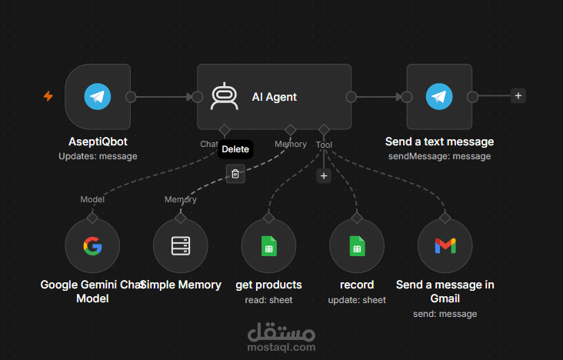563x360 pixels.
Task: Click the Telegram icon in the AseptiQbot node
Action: coord(98,97)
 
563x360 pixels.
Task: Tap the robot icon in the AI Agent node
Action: coord(225,96)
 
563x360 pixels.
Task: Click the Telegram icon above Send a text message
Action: coord(439,97)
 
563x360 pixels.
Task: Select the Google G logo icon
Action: coord(92,246)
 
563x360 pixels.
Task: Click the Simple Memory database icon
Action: coord(181,246)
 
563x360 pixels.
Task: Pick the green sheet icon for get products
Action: coord(269,246)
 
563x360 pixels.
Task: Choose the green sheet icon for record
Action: coord(357,246)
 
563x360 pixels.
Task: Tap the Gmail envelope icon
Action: coord(445,246)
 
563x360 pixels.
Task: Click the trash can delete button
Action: coord(235,174)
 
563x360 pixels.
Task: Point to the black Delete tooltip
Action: coord(235,149)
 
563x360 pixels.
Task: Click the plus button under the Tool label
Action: coord(324,176)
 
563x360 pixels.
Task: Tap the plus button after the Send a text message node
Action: coord(518,96)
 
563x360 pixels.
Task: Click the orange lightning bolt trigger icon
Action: coord(48,96)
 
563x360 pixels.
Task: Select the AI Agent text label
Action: coord(275,97)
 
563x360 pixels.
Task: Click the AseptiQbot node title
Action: coord(98,142)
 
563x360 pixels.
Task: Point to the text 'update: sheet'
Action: coord(357,300)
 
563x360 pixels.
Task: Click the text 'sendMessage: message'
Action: coord(439,156)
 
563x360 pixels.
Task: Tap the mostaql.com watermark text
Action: coord(281,347)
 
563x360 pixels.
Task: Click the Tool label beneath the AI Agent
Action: coord(324,145)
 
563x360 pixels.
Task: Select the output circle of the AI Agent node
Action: coord(351,97)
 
